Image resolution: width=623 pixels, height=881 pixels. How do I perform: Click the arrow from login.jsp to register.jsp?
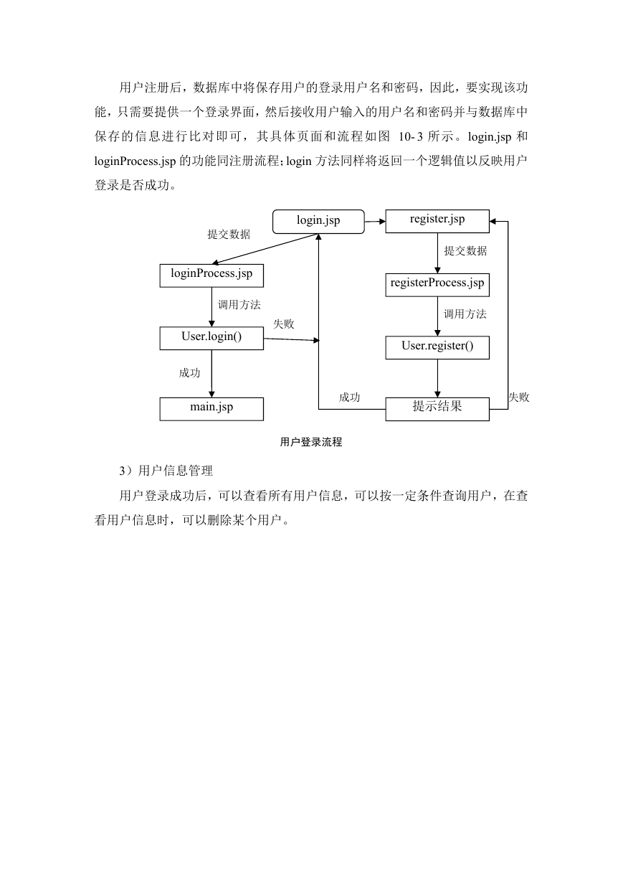pos(375,222)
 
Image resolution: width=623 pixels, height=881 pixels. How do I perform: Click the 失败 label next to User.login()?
pos(283,324)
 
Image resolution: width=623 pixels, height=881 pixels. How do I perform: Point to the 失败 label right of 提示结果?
pos(519,397)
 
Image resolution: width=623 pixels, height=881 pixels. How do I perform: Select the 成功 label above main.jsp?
pos(189,373)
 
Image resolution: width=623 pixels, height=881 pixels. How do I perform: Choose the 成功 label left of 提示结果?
pos(349,397)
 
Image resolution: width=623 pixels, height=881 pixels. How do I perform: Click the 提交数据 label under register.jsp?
pos(465,251)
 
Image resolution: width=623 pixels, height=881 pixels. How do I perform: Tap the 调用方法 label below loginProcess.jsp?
pos(239,304)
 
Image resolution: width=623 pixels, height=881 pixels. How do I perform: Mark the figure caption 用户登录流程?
pos(311,442)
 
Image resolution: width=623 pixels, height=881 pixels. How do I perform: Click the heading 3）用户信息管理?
pos(166,471)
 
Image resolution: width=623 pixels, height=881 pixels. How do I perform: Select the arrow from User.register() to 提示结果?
pos(437,378)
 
